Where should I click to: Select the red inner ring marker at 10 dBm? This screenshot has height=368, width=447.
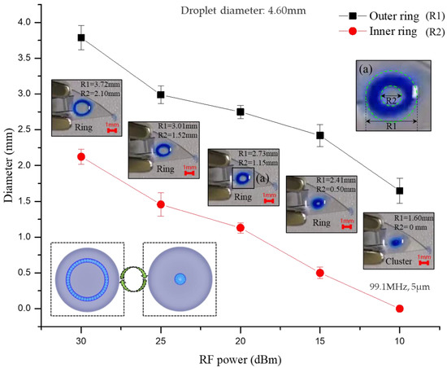click(x=399, y=308)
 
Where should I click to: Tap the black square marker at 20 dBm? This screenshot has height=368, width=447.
click(x=240, y=112)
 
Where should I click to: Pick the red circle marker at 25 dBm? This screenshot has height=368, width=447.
click(x=161, y=204)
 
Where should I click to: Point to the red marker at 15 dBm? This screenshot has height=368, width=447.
click(x=319, y=273)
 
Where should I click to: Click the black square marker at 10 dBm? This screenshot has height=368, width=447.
click(x=399, y=191)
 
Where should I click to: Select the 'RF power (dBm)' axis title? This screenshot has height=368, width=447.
click(x=241, y=358)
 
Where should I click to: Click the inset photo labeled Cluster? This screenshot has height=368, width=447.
click(x=397, y=239)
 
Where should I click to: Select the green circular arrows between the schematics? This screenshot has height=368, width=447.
click(x=133, y=278)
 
